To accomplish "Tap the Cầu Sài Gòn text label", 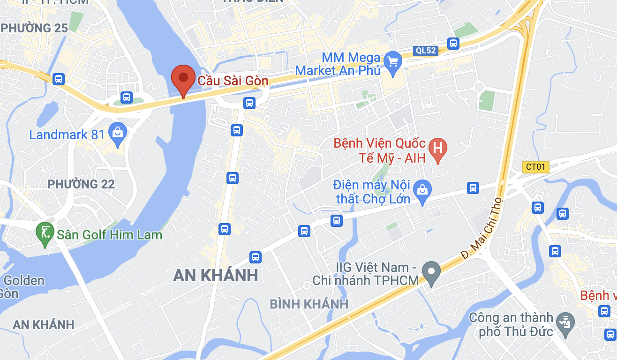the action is pos(233,81).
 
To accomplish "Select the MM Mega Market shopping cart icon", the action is pos(391,61).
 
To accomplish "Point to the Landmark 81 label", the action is pos(67,135).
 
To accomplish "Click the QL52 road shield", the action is pos(426,51).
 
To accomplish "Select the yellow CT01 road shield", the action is pos(535,167).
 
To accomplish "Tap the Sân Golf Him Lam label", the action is pos(109,234).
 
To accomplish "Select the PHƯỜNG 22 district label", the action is pos(81,184).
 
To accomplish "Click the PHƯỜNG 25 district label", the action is pos(35,28).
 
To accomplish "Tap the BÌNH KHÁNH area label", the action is pos(309,304).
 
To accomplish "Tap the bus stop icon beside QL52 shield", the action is pos(453,44).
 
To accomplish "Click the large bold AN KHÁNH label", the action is pos(216,275).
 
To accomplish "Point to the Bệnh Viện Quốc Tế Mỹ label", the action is pos(379,150).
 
